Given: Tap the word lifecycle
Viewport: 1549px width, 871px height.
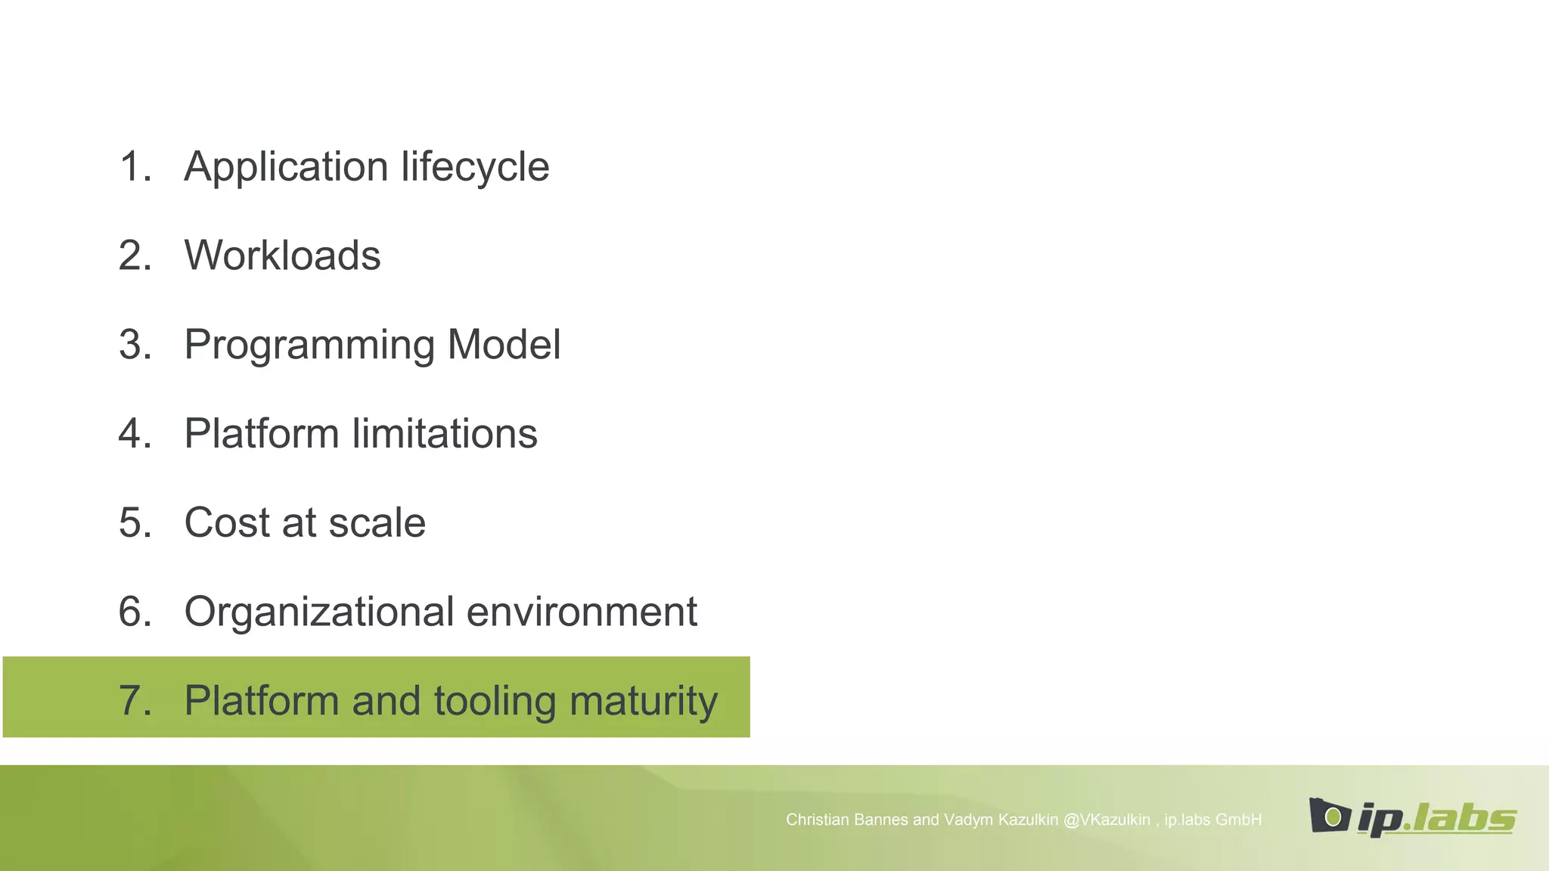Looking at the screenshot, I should click(x=475, y=167).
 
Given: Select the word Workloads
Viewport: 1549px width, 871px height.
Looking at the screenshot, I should click(x=282, y=256).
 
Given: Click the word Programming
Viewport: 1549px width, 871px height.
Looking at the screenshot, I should click(x=309, y=346).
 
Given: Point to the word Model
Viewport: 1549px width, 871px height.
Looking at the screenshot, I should click(x=504, y=345).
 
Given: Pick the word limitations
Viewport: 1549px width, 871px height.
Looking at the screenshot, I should click(x=445, y=434).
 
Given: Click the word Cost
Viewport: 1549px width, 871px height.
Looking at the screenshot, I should click(x=227, y=522).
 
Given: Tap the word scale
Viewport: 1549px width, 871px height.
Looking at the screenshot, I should click(x=377, y=522).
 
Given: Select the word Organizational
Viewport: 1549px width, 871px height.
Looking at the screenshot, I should click(x=319, y=612).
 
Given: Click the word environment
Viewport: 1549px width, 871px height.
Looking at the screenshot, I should click(x=582, y=612).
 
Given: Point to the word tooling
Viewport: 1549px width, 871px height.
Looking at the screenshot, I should click(x=495, y=701).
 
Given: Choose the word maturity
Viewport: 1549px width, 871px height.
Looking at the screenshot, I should click(x=643, y=702).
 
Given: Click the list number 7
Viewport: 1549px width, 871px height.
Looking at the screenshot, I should click(x=134, y=700).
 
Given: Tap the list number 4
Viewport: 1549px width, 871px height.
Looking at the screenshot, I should click(x=134, y=434).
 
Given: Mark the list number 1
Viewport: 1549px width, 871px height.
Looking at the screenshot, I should click(x=134, y=167).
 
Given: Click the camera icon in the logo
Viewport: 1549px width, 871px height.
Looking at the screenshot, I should click(x=1330, y=816).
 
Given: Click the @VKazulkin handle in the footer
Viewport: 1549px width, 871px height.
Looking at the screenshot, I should click(x=1107, y=820).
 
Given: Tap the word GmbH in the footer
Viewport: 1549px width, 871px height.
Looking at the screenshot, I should click(x=1238, y=820).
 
